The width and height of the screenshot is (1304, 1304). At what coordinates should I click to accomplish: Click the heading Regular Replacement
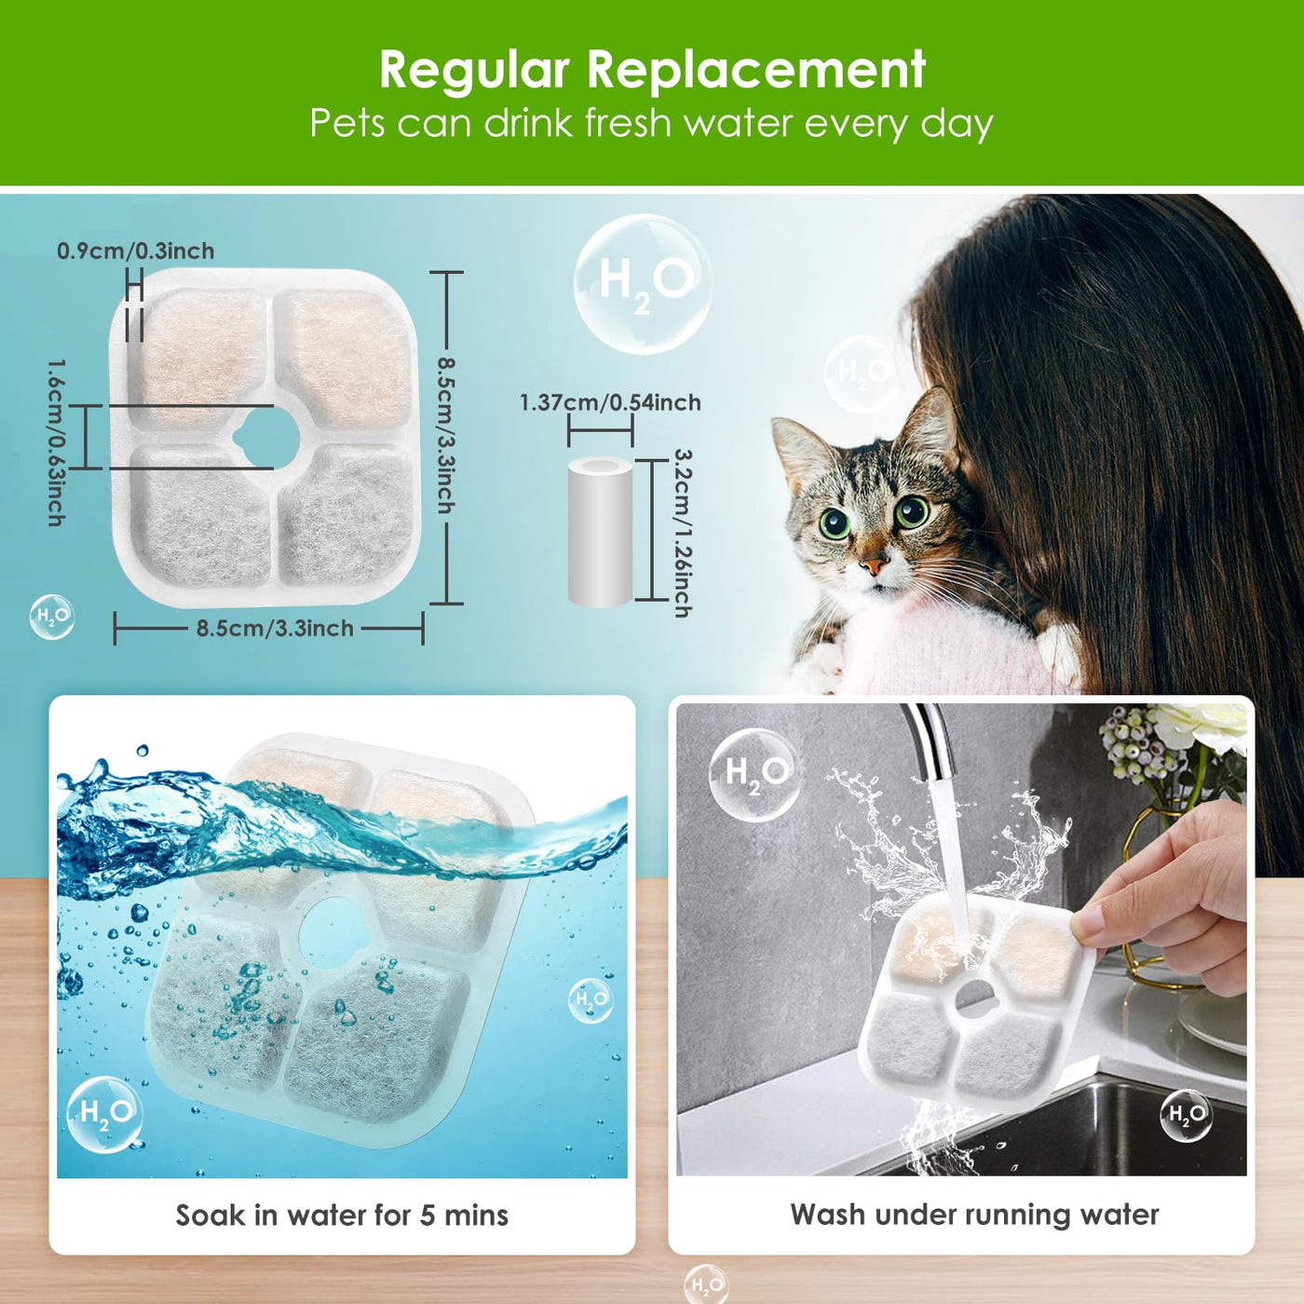pos(652,69)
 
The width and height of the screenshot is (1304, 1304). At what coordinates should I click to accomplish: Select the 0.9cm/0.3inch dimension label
pos(135,251)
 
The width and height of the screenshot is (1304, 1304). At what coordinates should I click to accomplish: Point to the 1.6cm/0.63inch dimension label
pos(57,442)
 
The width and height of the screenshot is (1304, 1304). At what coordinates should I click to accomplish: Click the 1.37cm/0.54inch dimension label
pos(610,402)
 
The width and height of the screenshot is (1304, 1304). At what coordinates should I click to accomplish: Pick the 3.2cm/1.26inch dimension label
pos(683,533)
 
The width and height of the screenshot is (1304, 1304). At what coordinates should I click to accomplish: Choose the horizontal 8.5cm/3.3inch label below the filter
pos(275,629)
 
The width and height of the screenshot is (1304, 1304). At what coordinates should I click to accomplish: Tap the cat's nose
pos(874,564)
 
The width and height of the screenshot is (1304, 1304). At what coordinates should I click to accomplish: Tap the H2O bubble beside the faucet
pos(754,776)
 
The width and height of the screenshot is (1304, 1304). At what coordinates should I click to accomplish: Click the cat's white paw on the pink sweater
pos(1060,652)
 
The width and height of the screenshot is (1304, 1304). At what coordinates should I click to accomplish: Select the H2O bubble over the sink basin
pos(1187,1115)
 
